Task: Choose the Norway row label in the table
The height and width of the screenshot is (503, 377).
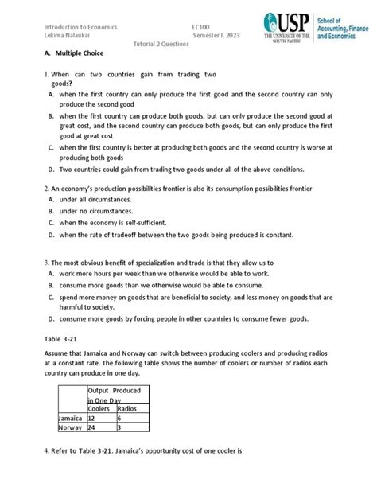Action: [70, 427]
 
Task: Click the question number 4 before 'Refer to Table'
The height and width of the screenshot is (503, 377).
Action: [46, 451]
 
